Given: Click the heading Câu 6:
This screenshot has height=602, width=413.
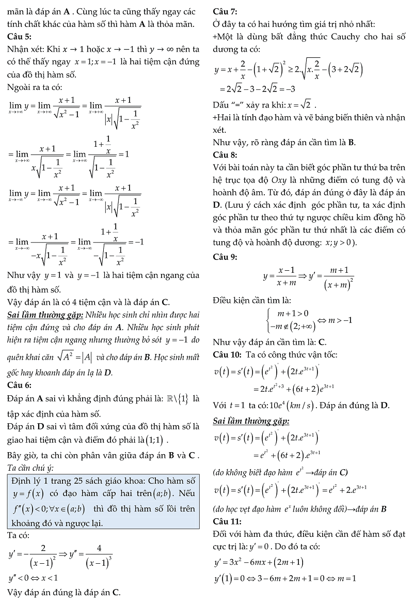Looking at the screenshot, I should pos(20,385).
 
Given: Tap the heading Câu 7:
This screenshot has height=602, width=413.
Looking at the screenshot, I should pos(225,11).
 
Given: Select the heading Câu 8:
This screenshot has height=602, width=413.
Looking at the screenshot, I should pos(225,155).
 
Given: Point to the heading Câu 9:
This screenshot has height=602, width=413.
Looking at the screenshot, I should pos(225,257).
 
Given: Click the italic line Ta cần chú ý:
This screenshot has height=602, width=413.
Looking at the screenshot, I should pos(31,468).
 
